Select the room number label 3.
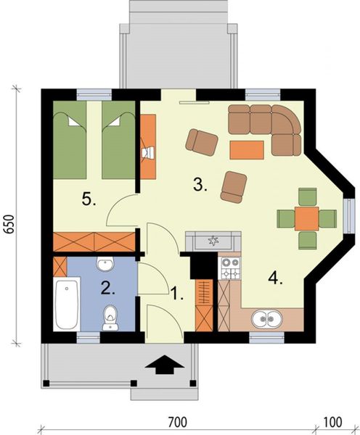click(201, 185)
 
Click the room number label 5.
click(89, 200)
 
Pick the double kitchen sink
click(266, 318)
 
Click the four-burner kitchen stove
click(230, 268)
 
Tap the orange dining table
click(306, 217)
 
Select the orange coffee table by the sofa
click(245, 149)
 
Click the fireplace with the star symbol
click(213, 240)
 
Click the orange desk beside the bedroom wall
click(148, 146)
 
